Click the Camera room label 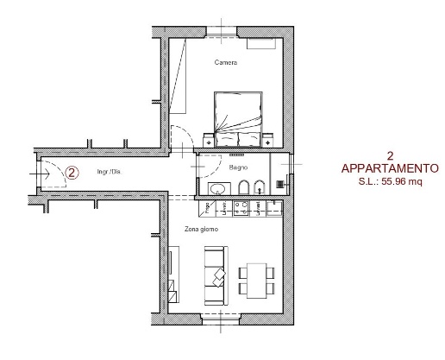[226, 62]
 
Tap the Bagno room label [238, 167]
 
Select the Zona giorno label [201, 229]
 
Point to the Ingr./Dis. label [110, 172]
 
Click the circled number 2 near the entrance [72, 173]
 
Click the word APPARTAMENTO [390, 168]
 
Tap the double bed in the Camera [238, 119]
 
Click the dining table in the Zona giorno [256, 281]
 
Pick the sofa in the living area [216, 275]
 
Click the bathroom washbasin [219, 189]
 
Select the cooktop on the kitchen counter [241, 208]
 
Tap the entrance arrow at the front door [40, 174]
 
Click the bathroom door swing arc [215, 171]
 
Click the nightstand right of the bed [268, 141]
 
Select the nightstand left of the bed [209, 141]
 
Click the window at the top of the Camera [222, 32]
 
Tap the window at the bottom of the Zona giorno [221, 319]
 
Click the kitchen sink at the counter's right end [274, 208]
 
